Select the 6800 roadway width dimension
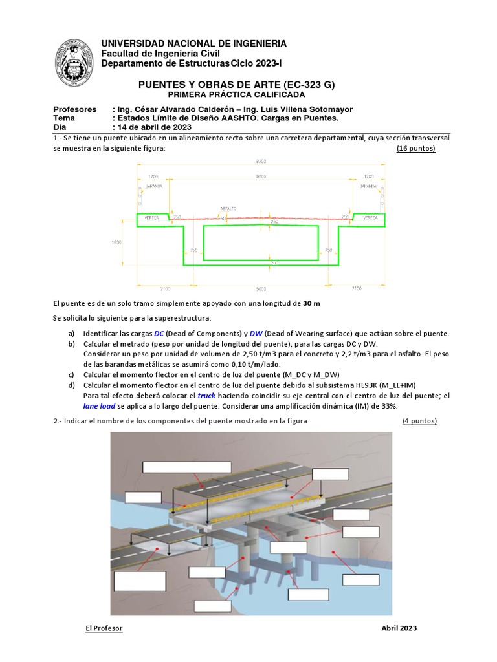click(x=260, y=176)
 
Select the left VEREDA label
click(x=150, y=218)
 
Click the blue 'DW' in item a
click(x=239, y=333)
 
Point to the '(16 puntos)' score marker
click(x=415, y=149)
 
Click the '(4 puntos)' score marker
click(x=419, y=422)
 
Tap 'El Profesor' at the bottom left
click(x=104, y=628)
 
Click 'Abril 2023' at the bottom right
click(x=399, y=628)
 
